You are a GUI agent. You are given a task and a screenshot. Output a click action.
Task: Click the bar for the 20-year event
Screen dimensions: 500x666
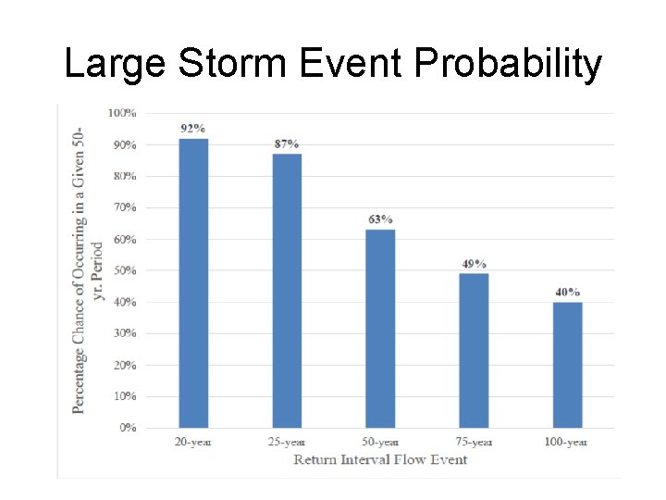pyautogui.click(x=193, y=282)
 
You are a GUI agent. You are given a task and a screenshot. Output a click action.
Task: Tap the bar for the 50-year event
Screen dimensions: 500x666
pyautogui.click(x=380, y=328)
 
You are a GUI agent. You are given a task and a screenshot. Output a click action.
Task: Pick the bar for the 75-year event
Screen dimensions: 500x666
pyautogui.click(x=474, y=350)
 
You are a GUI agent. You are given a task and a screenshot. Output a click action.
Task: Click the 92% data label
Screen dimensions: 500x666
pyautogui.click(x=193, y=129)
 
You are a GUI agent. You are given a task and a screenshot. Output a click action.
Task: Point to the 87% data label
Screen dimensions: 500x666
pyautogui.click(x=287, y=144)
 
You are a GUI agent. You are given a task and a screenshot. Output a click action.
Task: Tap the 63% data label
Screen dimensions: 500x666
pyautogui.click(x=380, y=219)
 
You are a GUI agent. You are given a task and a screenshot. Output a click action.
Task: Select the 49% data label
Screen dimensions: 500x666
pyautogui.click(x=474, y=264)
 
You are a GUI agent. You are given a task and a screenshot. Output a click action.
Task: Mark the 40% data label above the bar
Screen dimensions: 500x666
pyautogui.click(x=567, y=293)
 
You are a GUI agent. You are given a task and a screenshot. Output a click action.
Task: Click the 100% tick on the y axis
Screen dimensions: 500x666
pyautogui.click(x=122, y=113)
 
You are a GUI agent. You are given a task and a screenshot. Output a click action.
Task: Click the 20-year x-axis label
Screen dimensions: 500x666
pyautogui.click(x=193, y=442)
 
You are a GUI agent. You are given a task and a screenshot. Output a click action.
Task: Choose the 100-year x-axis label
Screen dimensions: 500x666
pyautogui.click(x=566, y=442)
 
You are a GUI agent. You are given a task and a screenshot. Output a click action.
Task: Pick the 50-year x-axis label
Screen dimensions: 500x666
pyautogui.click(x=380, y=442)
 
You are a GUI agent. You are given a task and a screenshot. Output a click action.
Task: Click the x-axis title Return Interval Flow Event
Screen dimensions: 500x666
pyautogui.click(x=380, y=459)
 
